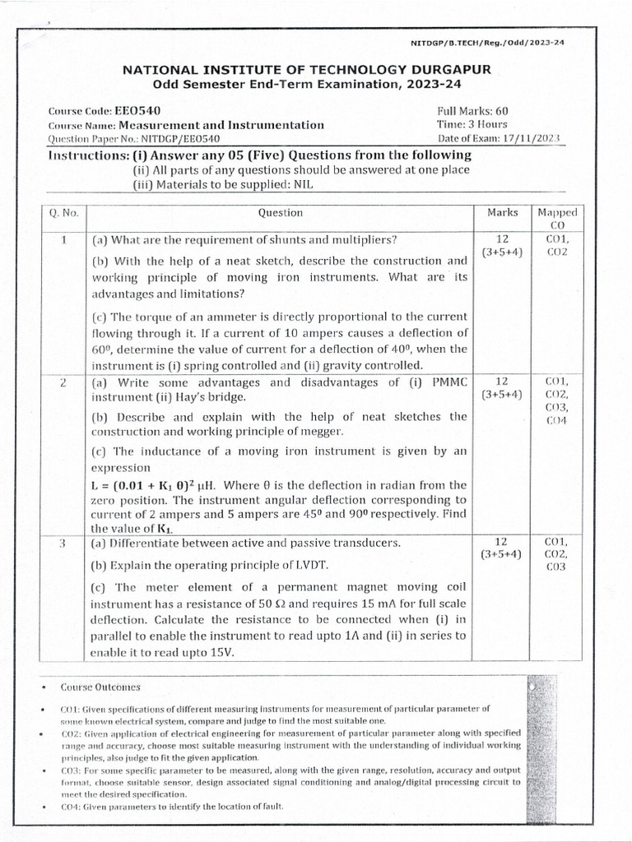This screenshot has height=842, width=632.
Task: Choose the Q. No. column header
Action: (x=63, y=213)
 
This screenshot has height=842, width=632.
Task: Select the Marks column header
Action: (x=502, y=212)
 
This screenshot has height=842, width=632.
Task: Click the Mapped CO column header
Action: (x=556, y=218)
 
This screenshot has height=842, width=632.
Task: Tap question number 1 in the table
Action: (x=63, y=240)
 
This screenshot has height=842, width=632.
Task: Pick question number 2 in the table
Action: (x=63, y=382)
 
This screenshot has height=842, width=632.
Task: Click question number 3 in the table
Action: (x=63, y=543)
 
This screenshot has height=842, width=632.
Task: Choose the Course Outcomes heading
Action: (x=100, y=687)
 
